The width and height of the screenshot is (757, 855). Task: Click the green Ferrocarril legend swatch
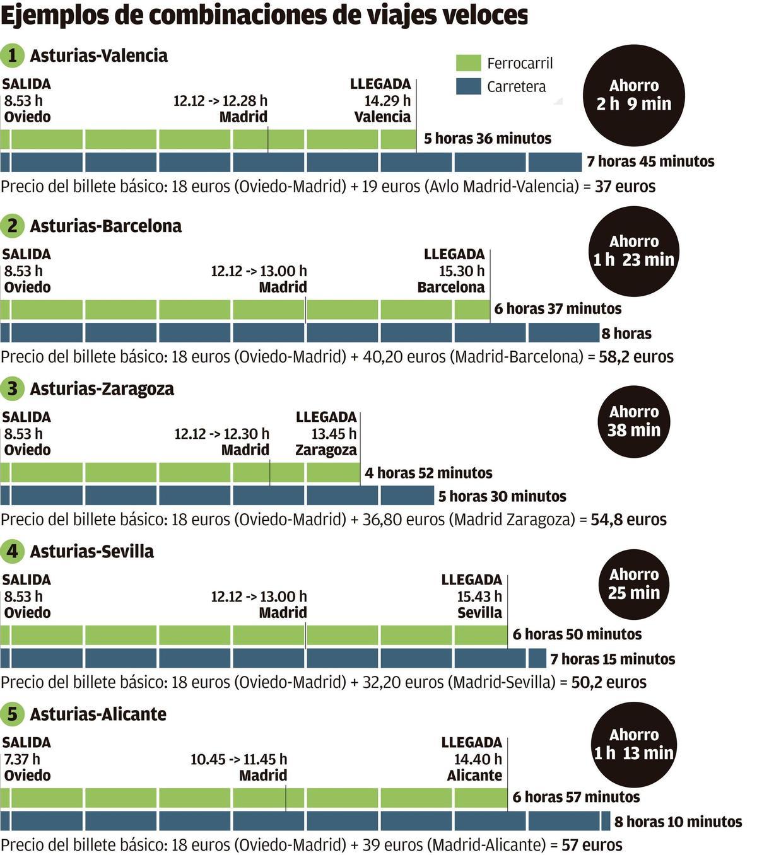tap(468, 62)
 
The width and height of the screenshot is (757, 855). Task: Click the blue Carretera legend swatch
tap(468, 86)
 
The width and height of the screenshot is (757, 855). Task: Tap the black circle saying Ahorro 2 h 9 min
tap(633, 95)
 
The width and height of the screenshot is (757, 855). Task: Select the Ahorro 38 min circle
tap(633, 421)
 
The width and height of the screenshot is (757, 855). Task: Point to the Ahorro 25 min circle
tap(633, 584)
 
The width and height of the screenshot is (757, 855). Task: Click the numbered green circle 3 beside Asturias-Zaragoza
tap(13, 389)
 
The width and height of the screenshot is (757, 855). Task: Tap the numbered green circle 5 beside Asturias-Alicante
tap(13, 714)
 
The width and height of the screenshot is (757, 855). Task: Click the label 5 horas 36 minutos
tap(487, 139)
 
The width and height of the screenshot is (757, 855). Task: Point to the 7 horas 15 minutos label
tap(612, 660)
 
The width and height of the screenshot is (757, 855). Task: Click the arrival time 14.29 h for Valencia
tap(387, 100)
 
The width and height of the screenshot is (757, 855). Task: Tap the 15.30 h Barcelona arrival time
tap(461, 271)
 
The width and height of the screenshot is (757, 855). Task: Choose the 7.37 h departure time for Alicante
tap(22, 759)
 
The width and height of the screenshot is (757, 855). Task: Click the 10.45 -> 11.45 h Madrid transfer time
tap(238, 759)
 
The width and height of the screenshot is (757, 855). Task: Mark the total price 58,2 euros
tap(636, 357)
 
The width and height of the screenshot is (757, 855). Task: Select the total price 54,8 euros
tap(628, 520)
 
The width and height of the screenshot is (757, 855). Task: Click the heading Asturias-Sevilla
tap(91, 552)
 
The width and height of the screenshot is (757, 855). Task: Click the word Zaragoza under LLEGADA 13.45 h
tap(326, 450)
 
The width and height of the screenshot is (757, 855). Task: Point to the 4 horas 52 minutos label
tap(428, 473)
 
